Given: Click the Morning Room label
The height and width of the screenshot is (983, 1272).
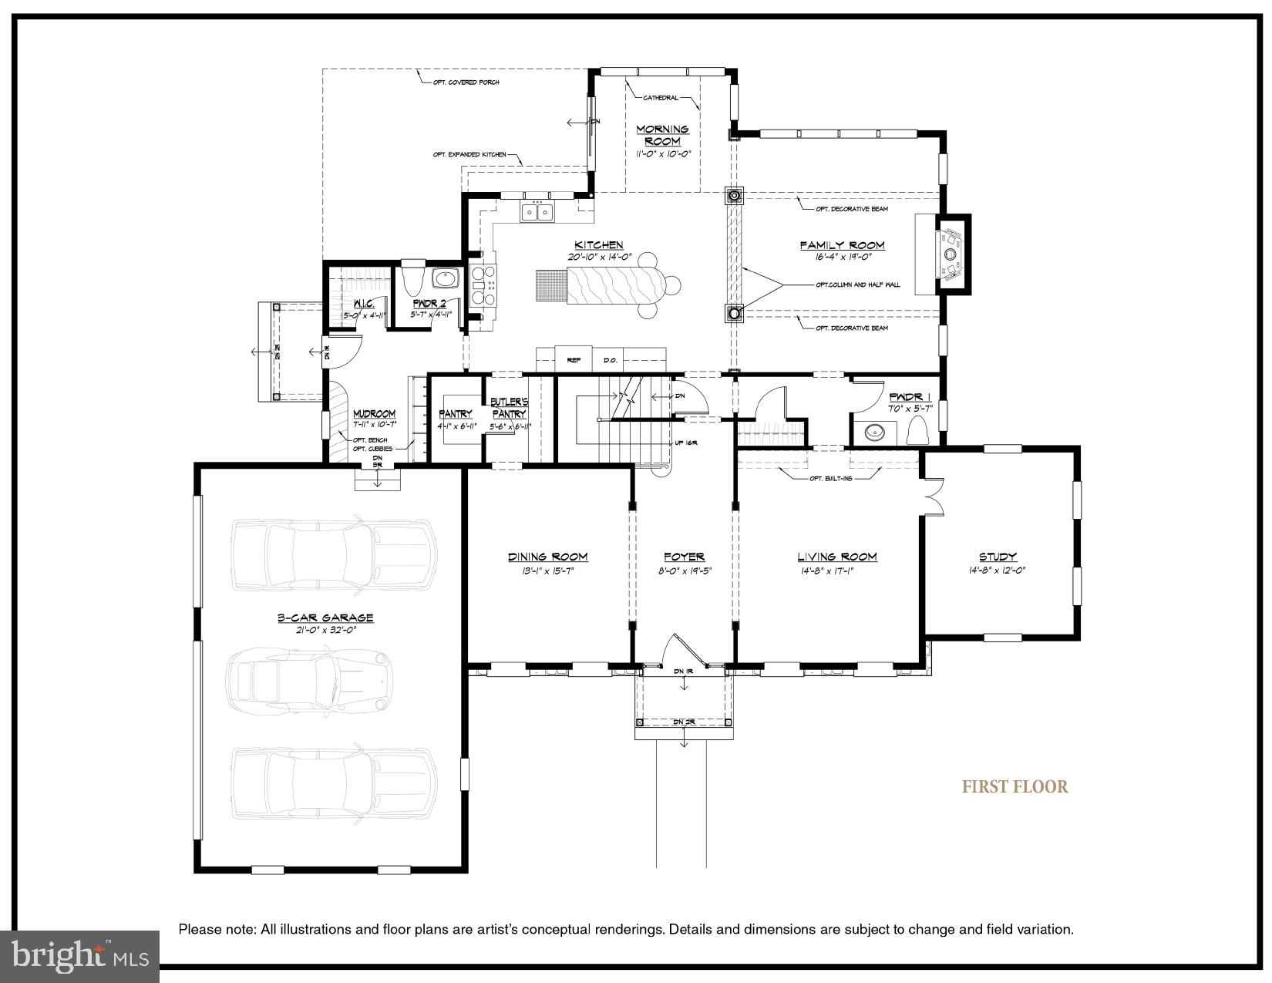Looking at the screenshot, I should pos(662,135).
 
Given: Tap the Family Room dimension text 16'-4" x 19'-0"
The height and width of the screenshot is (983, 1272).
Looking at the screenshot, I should pos(842,258).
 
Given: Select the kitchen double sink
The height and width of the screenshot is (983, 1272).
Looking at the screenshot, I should pos(537,210).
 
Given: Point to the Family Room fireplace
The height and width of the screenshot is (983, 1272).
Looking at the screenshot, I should pos(951,254).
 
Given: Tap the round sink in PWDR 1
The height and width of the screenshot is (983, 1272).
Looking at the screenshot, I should pos(875,432).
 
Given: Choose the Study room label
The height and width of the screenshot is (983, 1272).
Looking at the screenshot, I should pos(998,557).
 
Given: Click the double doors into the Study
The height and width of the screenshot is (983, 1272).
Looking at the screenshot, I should pos(933,495).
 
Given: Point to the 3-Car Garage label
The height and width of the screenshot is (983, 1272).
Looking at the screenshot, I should pos(325,618).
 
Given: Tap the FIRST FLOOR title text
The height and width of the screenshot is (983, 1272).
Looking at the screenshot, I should pos(1015,787).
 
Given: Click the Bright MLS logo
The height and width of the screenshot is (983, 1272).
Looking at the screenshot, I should pos(80,955).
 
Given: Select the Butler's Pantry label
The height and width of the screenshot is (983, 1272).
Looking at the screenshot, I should pos(509,408).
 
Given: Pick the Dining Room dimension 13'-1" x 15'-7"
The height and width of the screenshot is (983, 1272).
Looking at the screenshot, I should pos(547,571).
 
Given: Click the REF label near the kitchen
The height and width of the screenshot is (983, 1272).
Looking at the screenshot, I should pos(574,360).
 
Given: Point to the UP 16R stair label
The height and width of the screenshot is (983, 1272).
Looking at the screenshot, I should pos(686,443).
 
